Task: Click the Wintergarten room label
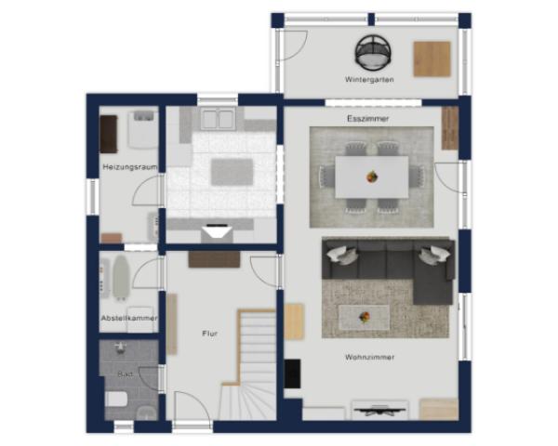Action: [x=369, y=79]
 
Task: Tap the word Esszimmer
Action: [x=368, y=118]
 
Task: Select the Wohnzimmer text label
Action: [x=370, y=357]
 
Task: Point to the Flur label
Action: [x=209, y=334]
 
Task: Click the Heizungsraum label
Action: [x=130, y=167]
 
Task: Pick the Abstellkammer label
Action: [x=129, y=318]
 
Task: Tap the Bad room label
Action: [x=125, y=374]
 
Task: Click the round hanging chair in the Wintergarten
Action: [x=373, y=52]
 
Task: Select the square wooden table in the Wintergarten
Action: [x=432, y=59]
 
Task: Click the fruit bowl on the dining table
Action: [x=372, y=176]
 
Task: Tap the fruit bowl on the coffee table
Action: [x=365, y=317]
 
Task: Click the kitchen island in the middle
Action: [x=232, y=172]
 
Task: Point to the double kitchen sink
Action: [x=217, y=118]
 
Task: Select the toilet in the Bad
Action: [x=116, y=400]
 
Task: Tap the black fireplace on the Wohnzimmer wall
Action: [x=292, y=374]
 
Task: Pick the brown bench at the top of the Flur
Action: [x=214, y=259]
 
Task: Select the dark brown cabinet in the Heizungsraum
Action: [x=109, y=134]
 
